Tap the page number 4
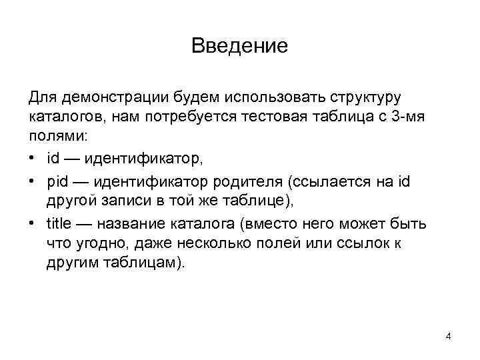point(448,337)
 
